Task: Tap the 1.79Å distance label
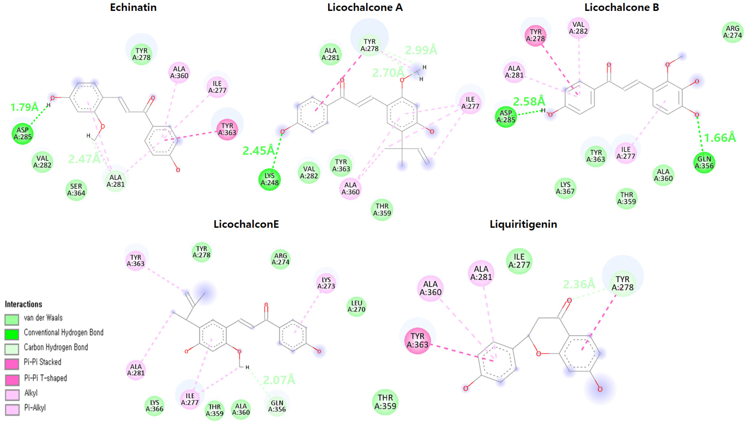point(24,107)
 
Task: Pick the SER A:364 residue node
point(76,190)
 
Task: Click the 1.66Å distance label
point(720,138)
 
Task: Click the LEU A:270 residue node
point(356,306)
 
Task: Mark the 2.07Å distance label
point(279,380)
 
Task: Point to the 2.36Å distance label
point(579,284)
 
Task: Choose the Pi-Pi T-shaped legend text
point(45,378)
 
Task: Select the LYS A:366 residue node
point(154,406)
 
